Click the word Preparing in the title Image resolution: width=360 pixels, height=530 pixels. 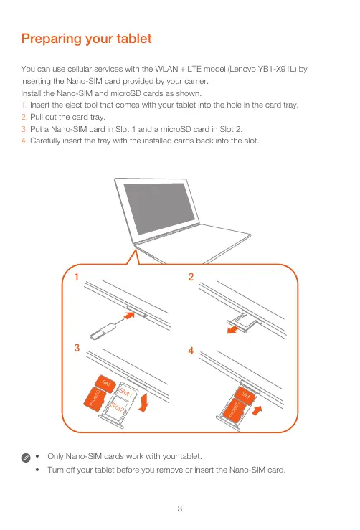click(52, 39)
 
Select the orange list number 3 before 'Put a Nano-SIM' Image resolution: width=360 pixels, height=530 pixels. click(24, 129)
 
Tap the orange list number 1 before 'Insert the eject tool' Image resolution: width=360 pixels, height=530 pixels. click(24, 105)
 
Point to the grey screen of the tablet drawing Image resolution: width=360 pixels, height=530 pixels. click(155, 207)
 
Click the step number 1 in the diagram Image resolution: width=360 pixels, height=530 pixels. click(77, 277)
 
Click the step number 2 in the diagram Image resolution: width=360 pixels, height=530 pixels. click(191, 277)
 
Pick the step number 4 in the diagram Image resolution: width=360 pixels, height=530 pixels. click(191, 351)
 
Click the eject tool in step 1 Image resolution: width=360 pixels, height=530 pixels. click(104, 331)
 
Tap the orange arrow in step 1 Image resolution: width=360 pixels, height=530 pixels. click(128, 316)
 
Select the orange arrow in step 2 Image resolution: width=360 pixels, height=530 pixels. click(233, 329)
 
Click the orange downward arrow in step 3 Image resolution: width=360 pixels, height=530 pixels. click(144, 402)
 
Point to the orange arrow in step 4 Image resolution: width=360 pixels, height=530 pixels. click(257, 410)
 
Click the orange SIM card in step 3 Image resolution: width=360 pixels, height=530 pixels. click(105, 383)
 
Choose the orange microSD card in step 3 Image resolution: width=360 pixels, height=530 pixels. click(95, 399)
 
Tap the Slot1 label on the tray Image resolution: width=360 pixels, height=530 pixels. click(125, 393)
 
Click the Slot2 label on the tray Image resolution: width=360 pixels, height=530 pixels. click(118, 407)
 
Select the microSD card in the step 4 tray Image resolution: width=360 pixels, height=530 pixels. click(234, 410)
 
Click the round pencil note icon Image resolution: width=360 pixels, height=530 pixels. click(26, 458)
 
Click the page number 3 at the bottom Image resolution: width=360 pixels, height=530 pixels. click(180, 508)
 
